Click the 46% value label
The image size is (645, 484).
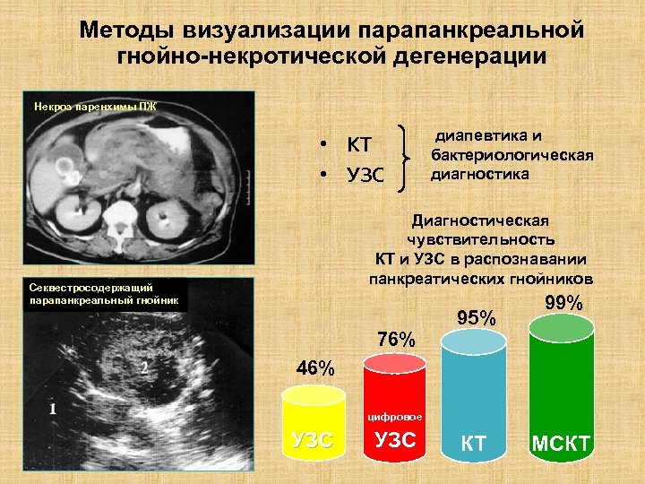pos(315,368)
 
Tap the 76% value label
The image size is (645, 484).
pos(396,340)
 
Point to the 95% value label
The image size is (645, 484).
pos(476,317)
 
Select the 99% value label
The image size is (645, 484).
pos(563,304)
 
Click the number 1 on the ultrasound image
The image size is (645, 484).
pos(53,408)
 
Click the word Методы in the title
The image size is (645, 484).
pos(126,30)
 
